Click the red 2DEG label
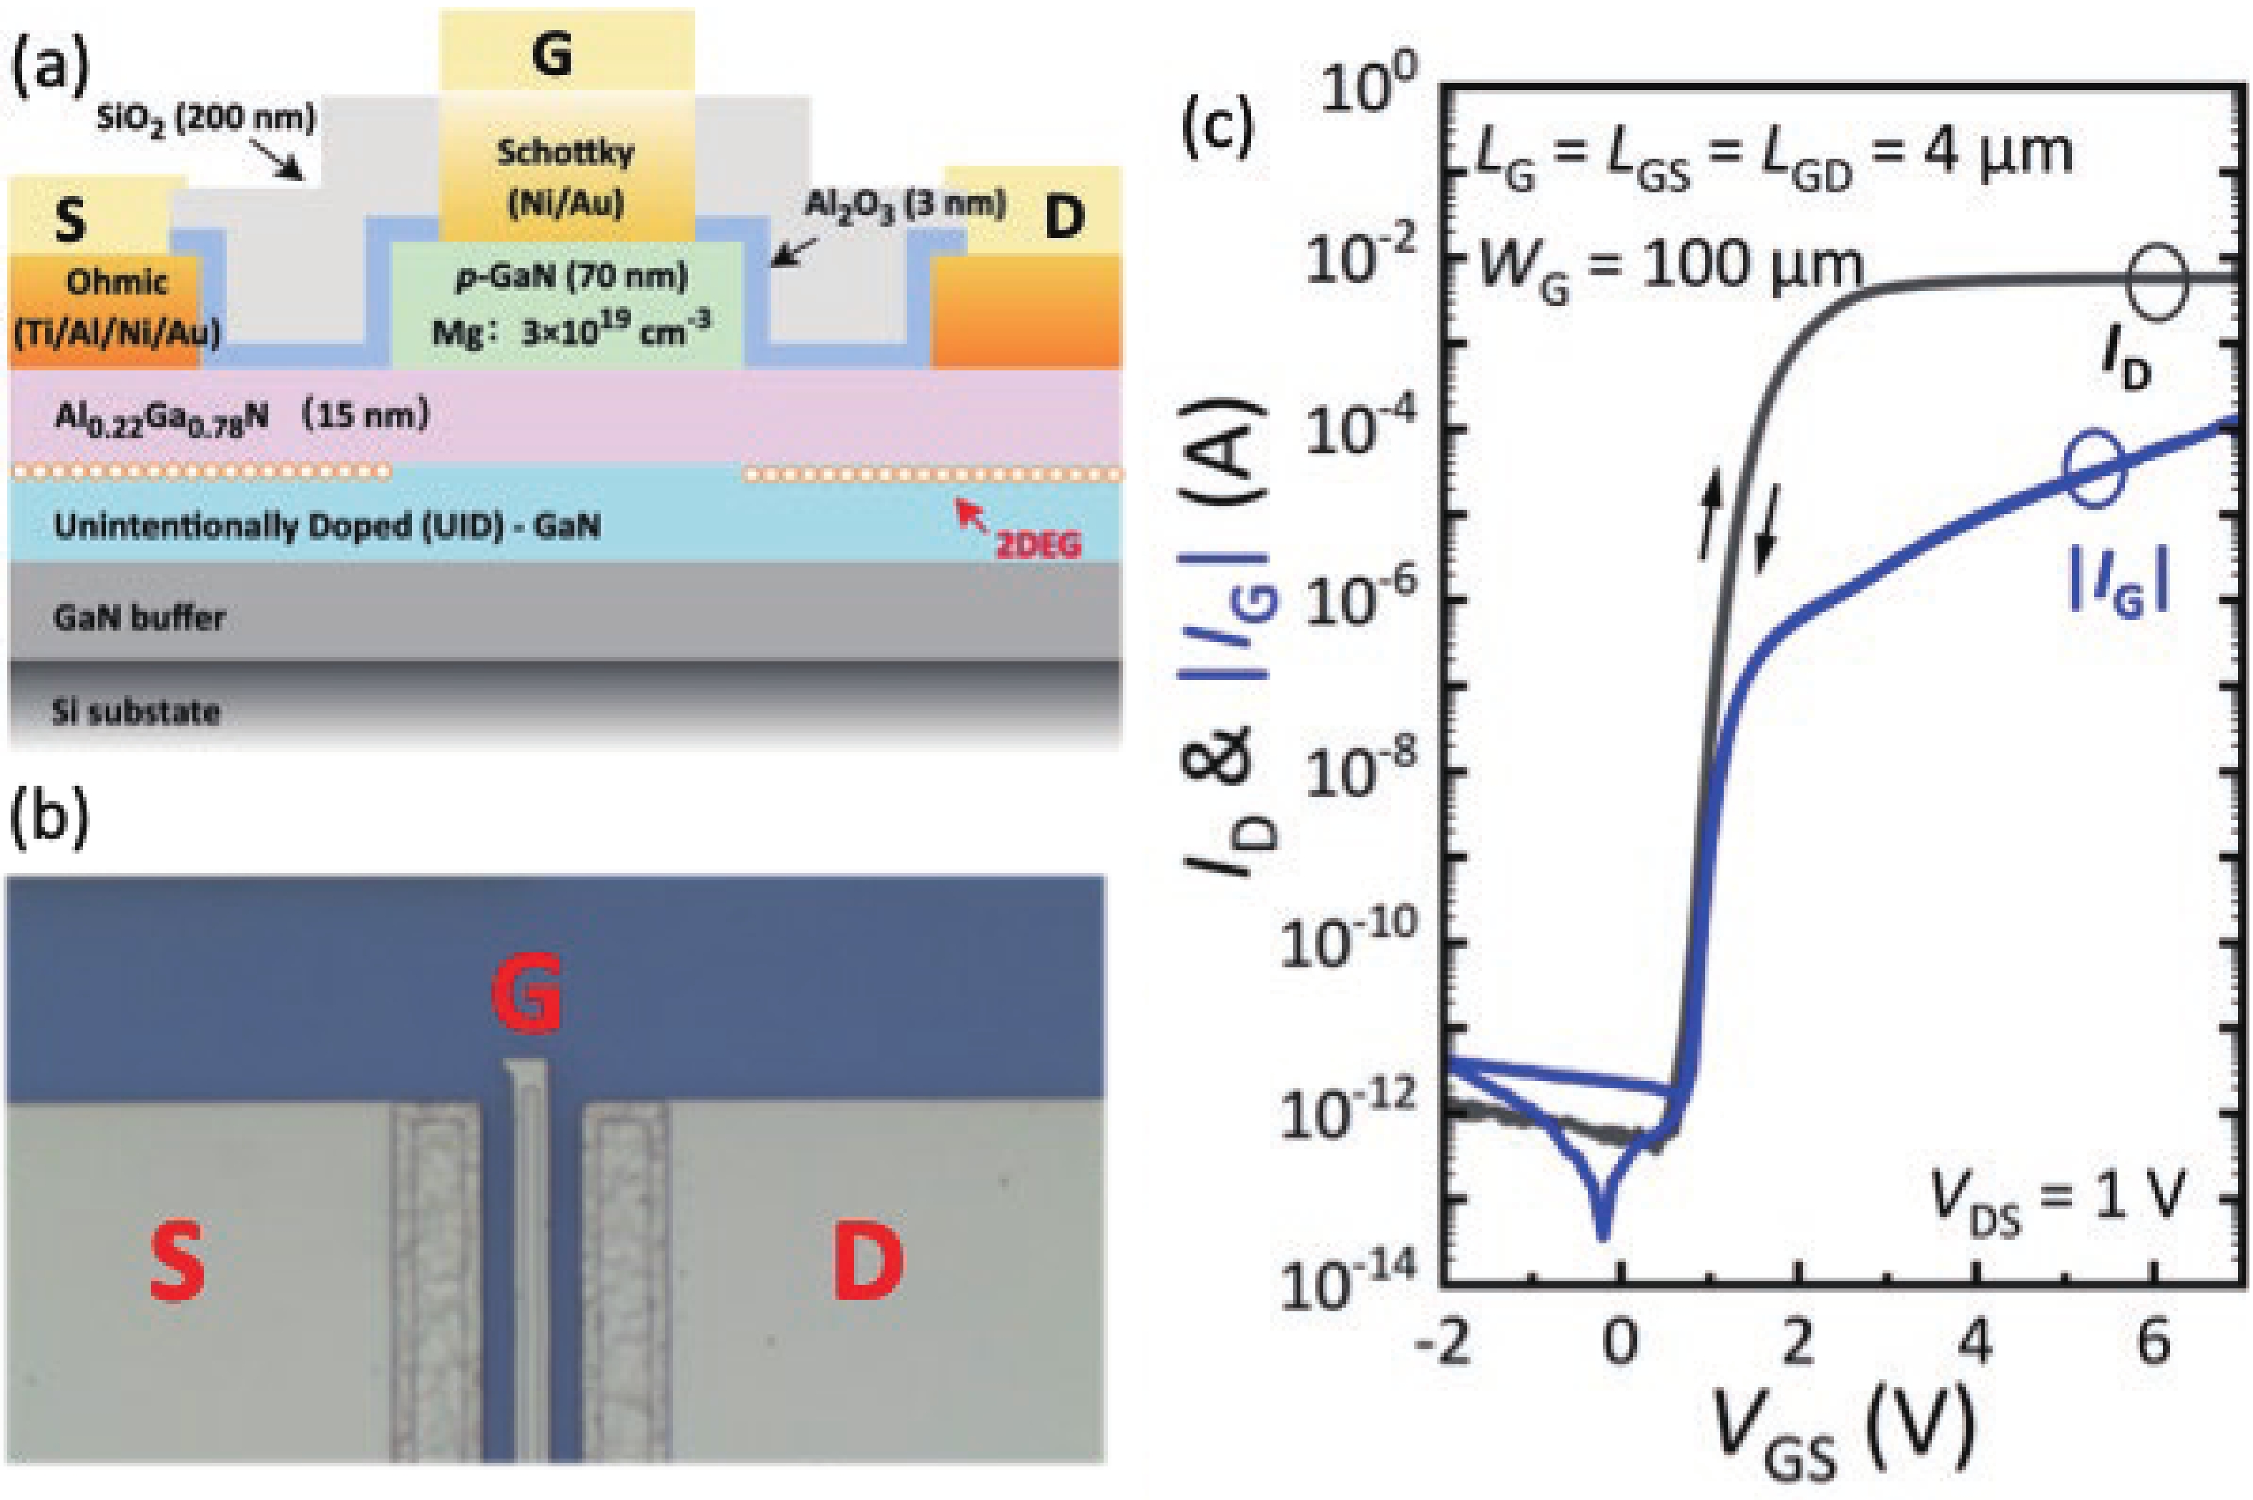tap(1039, 546)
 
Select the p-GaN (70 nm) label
tap(571, 277)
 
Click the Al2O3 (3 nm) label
tap(905, 204)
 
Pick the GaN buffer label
tap(139, 618)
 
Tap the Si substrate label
tap(136, 711)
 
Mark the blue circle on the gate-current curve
tap(2094, 469)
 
